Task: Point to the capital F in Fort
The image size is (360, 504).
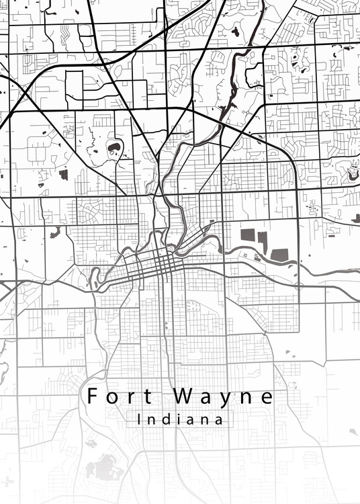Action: (x=92, y=396)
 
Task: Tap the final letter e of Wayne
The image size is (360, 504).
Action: (x=267, y=397)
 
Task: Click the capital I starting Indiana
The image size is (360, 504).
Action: (x=138, y=420)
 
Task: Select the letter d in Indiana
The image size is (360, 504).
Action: (x=166, y=420)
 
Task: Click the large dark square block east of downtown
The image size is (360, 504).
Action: (x=248, y=236)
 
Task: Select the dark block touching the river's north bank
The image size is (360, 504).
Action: (x=279, y=254)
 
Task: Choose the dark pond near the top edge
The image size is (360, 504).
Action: (x=235, y=31)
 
